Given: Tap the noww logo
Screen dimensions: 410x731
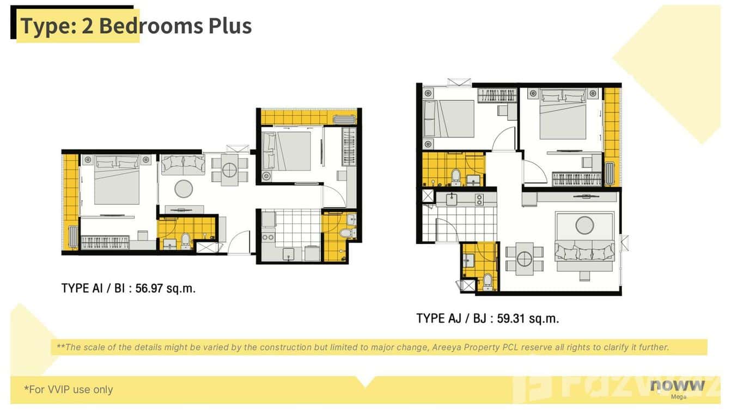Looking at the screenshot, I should click(x=678, y=386).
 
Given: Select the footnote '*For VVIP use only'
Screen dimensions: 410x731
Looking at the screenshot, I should click(x=69, y=389).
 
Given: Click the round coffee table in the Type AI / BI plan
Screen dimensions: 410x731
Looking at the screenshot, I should click(x=184, y=189).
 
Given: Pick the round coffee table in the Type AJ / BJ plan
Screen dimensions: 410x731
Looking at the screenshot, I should click(x=584, y=225).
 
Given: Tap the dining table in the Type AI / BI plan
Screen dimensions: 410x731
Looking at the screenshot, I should click(x=229, y=169).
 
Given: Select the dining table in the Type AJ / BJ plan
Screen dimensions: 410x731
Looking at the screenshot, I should click(x=524, y=258).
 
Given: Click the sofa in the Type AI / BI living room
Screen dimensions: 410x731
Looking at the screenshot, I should click(x=183, y=164).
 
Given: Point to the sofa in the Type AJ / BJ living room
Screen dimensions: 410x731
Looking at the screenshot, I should click(x=584, y=252).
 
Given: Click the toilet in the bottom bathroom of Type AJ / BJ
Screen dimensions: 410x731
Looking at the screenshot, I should click(x=488, y=281).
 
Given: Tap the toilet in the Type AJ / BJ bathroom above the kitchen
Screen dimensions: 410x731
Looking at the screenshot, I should click(x=456, y=176).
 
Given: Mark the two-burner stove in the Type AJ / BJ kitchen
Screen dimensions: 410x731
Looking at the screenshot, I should click(x=479, y=199).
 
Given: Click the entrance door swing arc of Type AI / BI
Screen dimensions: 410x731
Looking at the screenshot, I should click(x=240, y=242).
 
